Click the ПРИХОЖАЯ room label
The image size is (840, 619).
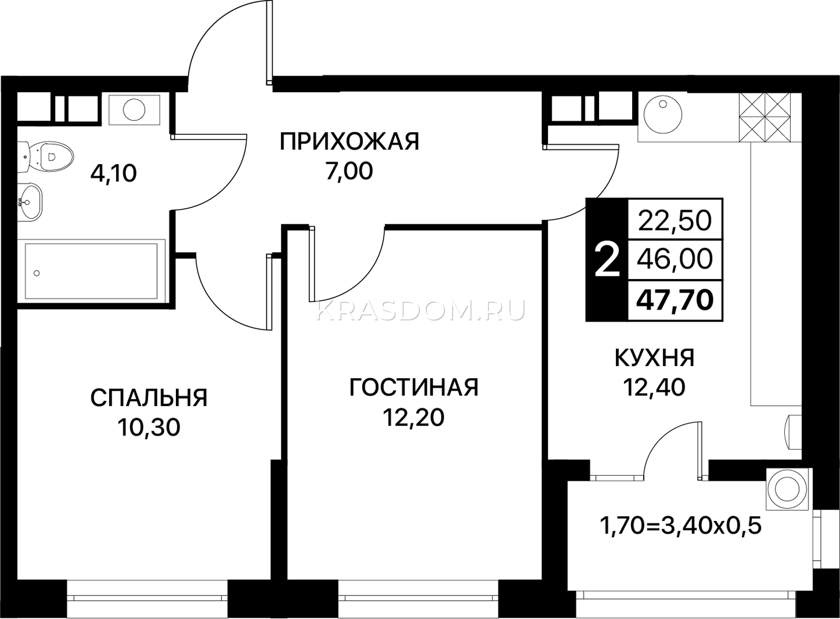(x=350, y=142)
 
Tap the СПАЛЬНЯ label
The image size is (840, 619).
(x=149, y=398)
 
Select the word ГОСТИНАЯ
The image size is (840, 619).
(x=414, y=387)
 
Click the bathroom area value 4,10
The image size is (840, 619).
(x=113, y=174)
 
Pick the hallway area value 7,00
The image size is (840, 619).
(x=350, y=172)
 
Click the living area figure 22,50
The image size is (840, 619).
(x=675, y=221)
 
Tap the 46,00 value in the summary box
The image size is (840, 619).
(x=675, y=260)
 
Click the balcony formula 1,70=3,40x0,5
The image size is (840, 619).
(x=681, y=526)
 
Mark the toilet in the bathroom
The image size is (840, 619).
(x=45, y=157)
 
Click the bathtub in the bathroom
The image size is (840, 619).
(x=91, y=271)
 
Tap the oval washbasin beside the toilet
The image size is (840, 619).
(x=30, y=202)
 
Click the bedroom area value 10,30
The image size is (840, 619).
(x=149, y=428)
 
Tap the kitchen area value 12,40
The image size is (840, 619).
(x=654, y=388)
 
